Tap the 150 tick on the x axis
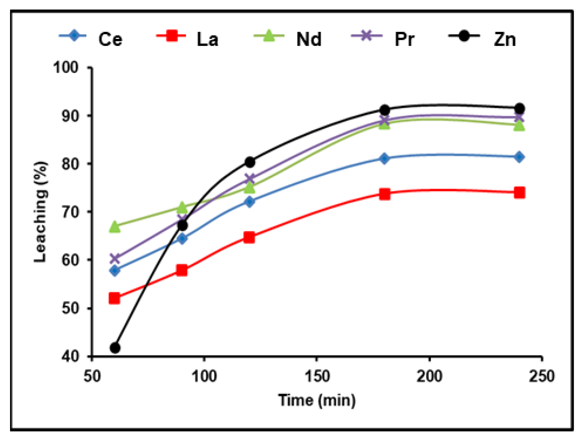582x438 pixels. [x=317, y=376]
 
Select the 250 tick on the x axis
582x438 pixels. [x=542, y=376]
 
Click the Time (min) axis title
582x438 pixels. [x=317, y=400]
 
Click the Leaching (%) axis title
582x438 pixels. [x=41, y=212]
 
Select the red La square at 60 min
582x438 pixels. [x=115, y=298]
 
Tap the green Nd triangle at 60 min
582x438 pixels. [x=115, y=227]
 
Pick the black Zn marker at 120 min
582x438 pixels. [x=250, y=162]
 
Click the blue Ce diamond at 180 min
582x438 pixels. [x=384, y=158]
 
